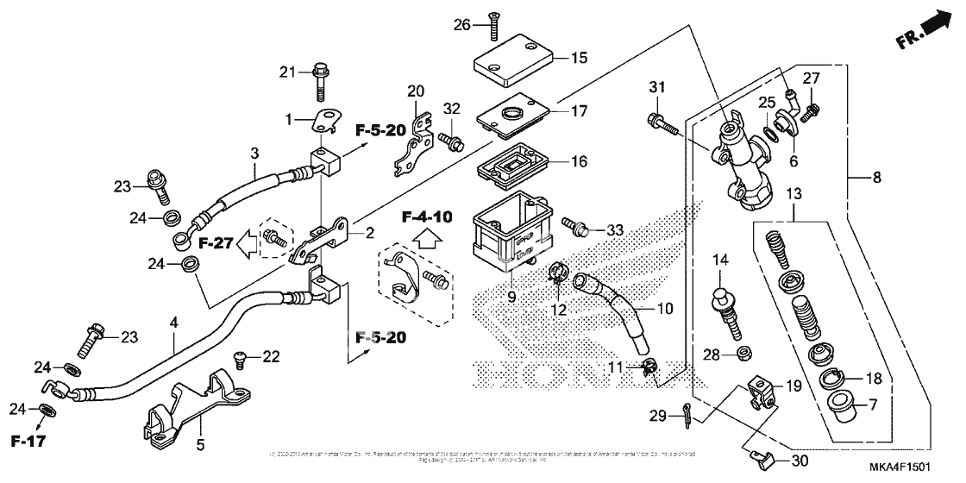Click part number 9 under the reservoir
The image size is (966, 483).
tap(511, 297)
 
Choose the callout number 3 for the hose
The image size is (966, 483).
tap(254, 154)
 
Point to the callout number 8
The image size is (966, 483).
tap(876, 179)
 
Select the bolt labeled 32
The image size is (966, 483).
tap(447, 137)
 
